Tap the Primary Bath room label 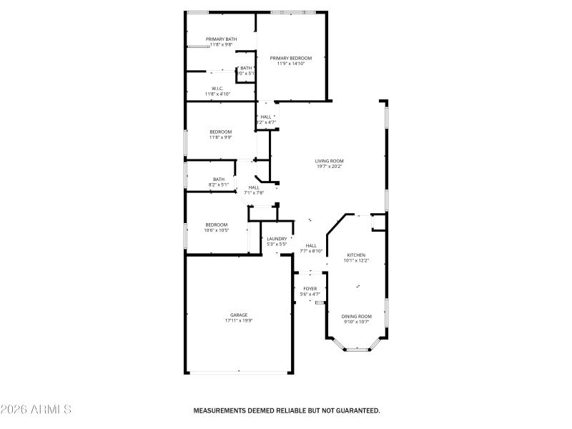[221, 39]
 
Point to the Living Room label [330, 161]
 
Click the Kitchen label [356, 255]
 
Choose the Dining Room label [356, 316]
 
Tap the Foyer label [310, 289]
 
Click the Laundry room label [277, 239]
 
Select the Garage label [239, 315]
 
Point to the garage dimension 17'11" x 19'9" [239, 320]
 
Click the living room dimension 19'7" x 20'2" [330, 167]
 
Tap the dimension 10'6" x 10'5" [217, 230]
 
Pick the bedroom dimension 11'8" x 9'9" [220, 137]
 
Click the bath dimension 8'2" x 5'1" [219, 184]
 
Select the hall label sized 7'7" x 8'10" [311, 251]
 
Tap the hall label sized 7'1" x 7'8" [254, 192]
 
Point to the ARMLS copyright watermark [36, 410]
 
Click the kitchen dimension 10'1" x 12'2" [356, 261]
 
